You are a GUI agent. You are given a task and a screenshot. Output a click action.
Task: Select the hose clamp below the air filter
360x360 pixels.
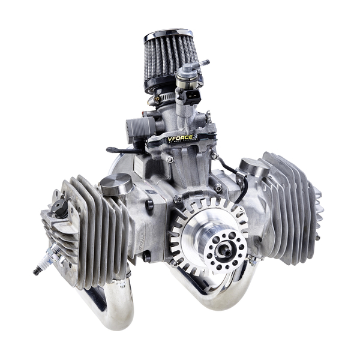(x=166, y=95)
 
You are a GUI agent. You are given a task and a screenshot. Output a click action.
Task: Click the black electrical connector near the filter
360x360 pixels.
(x=193, y=98)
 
